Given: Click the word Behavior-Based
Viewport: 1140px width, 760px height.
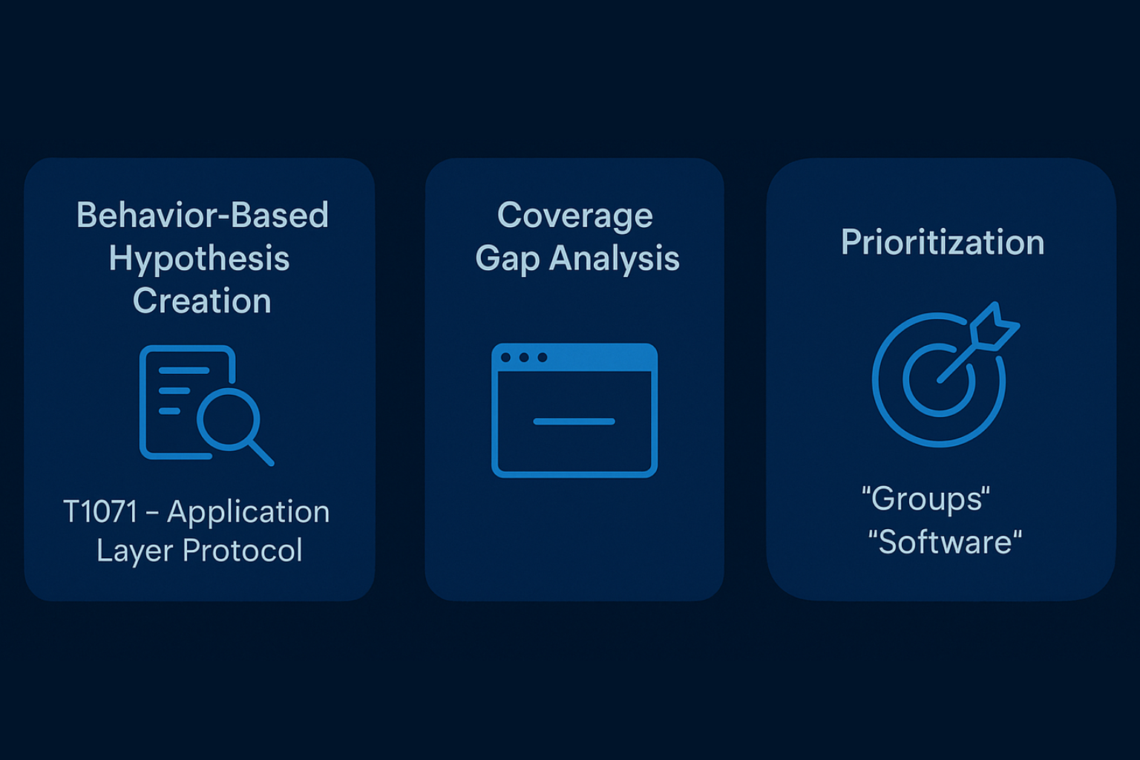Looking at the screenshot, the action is (203, 214).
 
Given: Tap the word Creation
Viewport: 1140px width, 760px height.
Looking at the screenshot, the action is (202, 301).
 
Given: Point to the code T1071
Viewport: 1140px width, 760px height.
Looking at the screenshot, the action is (100, 511).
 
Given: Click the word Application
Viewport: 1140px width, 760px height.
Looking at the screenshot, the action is (249, 513).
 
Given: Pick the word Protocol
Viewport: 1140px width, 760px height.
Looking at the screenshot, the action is (242, 550).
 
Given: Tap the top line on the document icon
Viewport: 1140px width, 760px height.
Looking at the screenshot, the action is (184, 370).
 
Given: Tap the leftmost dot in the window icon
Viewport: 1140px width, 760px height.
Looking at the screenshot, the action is (506, 357).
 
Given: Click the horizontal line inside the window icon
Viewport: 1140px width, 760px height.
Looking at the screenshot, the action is (574, 421).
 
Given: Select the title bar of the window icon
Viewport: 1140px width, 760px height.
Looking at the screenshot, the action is (574, 357).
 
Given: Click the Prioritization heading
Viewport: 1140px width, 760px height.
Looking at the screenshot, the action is (942, 242).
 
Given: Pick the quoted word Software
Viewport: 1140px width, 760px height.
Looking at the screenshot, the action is (945, 542).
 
